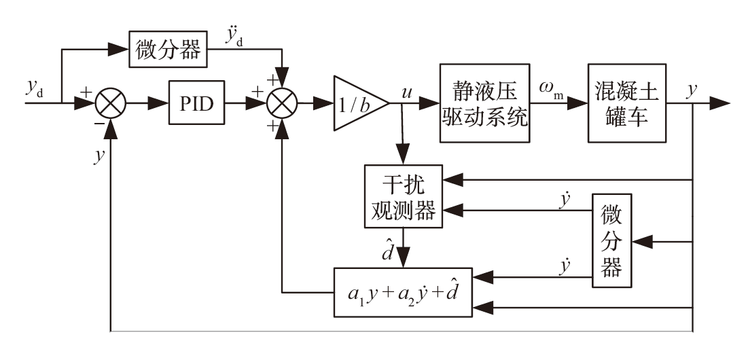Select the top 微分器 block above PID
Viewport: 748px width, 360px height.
pos(168,50)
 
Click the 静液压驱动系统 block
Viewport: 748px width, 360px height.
pos(484,103)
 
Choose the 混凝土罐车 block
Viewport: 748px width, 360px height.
pos(627,103)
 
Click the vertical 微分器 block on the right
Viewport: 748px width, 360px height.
pos(612,242)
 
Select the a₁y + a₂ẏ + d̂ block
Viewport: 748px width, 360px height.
pos(403,293)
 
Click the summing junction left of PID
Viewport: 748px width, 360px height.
pos(109,105)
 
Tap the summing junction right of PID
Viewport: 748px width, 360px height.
pos(283,105)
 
